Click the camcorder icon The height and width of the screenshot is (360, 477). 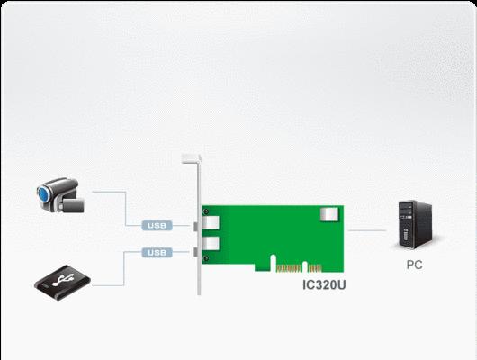(x=60, y=194)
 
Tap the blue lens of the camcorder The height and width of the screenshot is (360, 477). (x=43, y=194)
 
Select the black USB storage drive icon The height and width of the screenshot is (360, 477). (x=62, y=283)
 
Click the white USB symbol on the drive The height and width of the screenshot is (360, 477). (x=63, y=280)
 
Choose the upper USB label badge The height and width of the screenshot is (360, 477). (x=157, y=226)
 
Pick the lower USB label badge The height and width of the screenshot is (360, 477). (x=157, y=252)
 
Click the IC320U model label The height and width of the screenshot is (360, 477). (x=324, y=284)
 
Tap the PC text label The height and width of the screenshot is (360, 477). (x=414, y=265)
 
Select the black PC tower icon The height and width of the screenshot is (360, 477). (x=415, y=225)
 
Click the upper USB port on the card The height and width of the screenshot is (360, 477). (x=211, y=223)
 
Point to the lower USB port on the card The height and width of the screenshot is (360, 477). (x=211, y=243)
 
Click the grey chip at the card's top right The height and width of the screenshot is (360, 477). (x=329, y=214)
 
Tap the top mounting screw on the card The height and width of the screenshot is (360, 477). (x=206, y=211)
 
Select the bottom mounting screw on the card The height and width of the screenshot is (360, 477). (x=206, y=258)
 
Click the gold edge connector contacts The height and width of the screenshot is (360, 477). (x=299, y=268)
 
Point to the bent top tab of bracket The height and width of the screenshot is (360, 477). (x=191, y=158)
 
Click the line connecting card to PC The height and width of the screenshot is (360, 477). (x=367, y=230)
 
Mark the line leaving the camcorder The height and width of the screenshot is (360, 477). (x=126, y=209)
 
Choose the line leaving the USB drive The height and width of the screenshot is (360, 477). (x=124, y=268)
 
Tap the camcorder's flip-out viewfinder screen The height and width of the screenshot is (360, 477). (x=72, y=205)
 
